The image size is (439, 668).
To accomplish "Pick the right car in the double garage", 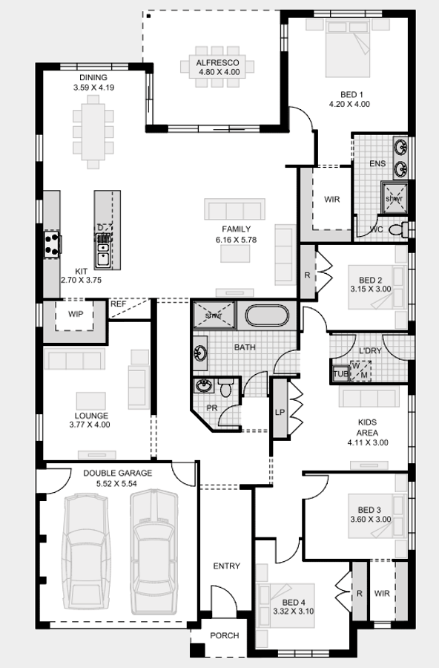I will [x=154, y=550].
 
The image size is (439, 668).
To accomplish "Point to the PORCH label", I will [x=224, y=635].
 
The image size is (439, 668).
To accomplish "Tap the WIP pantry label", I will [x=76, y=314].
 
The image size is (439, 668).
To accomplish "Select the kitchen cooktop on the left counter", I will [x=52, y=243].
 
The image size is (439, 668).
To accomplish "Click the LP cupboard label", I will [x=280, y=412].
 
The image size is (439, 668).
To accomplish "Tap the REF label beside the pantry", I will [x=119, y=304].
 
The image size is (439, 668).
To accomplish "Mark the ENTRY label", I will [x=226, y=566].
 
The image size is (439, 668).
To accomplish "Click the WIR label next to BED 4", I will [x=382, y=594].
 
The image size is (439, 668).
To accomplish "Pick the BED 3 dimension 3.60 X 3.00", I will [x=370, y=520].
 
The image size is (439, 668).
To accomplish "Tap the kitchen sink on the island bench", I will [x=103, y=255].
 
